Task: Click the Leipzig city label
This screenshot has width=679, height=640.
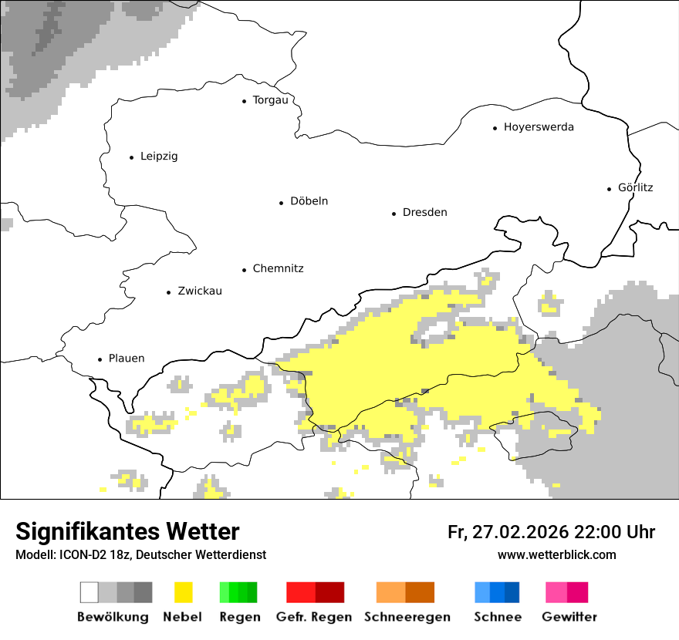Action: [159, 157]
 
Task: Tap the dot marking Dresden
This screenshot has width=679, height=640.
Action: [394, 214]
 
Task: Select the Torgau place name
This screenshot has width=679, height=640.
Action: [270, 100]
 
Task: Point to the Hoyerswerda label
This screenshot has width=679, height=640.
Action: [539, 127]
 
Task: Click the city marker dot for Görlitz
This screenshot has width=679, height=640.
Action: [610, 188]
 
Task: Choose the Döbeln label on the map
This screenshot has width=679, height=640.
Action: [309, 201]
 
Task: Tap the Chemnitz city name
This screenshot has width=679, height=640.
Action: [278, 269]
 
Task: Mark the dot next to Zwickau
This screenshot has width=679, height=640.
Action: [168, 292]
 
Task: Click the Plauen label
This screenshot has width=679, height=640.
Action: [126, 359]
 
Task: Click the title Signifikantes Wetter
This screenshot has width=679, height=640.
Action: [127, 532]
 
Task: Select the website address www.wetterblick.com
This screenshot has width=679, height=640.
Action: [556, 555]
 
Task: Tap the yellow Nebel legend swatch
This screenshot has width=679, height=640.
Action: [183, 592]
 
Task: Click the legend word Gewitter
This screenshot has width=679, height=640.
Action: [569, 617]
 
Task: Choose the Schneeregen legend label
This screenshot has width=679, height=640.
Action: [407, 617]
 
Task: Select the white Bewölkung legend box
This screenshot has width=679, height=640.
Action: [90, 592]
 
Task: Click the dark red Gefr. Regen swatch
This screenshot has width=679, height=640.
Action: [329, 592]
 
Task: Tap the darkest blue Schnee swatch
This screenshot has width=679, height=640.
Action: [512, 592]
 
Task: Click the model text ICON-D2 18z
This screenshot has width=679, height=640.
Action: [93, 555]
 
